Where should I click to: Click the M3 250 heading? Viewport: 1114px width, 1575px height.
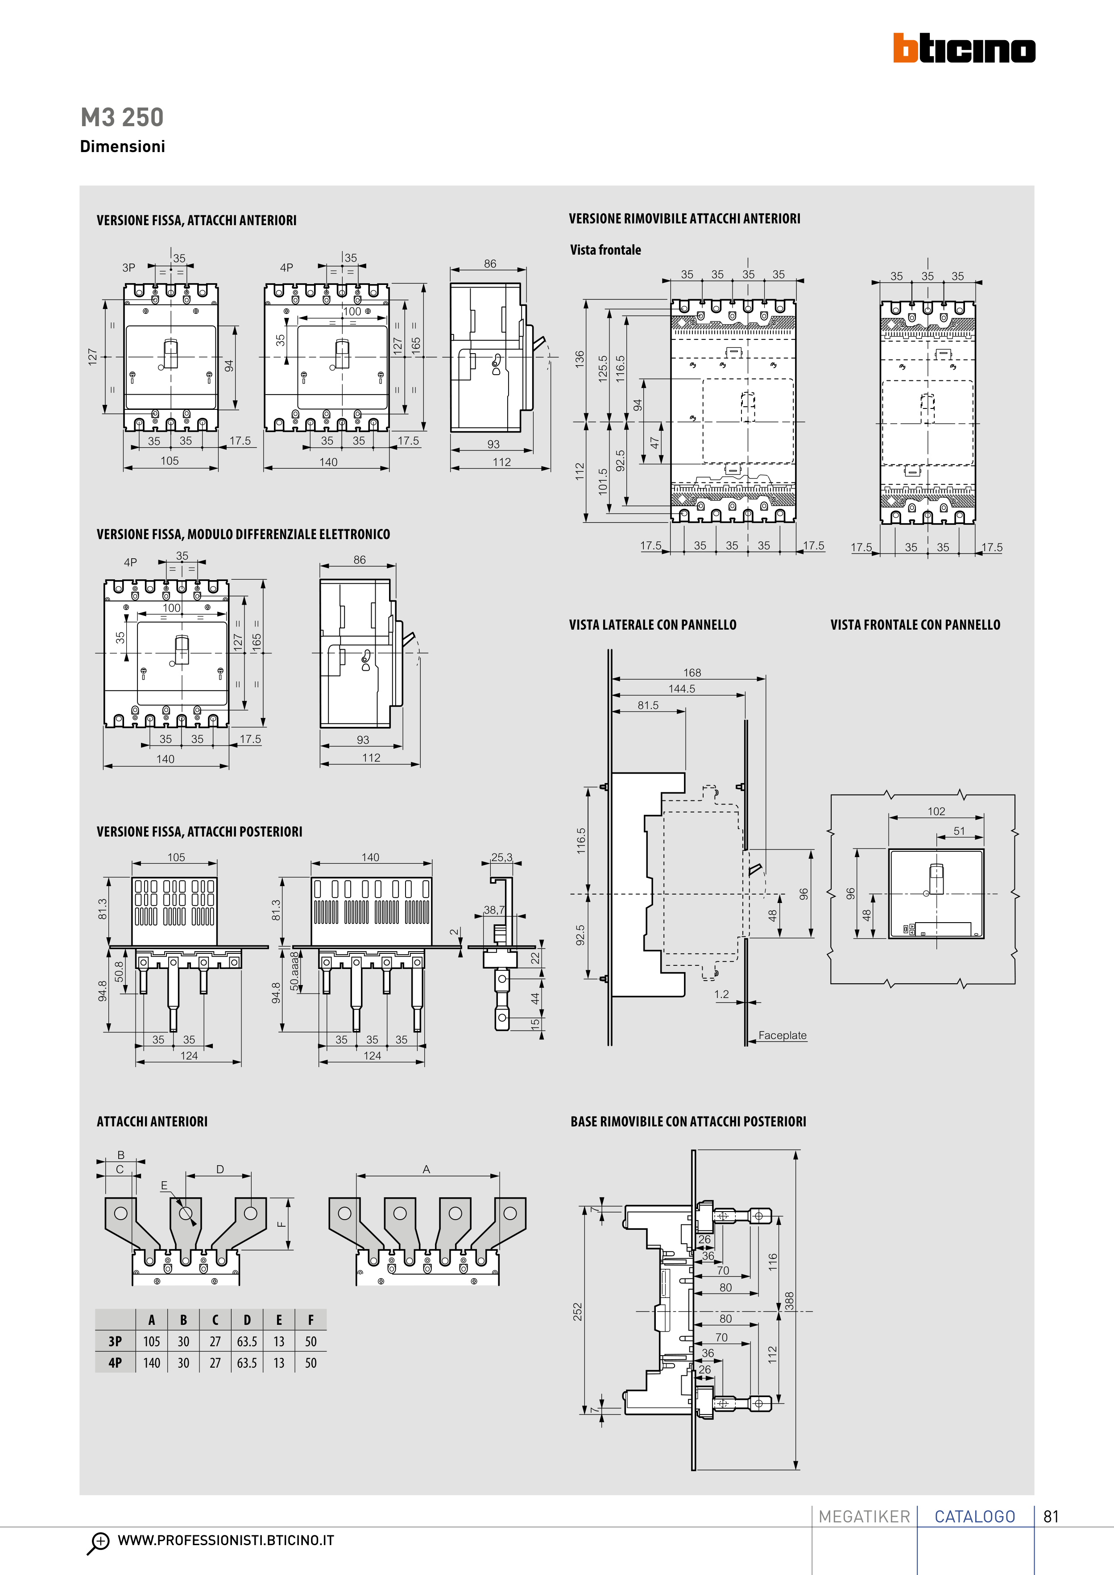pyautogui.click(x=122, y=117)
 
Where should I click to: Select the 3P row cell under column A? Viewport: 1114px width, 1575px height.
pyautogui.click(x=152, y=1341)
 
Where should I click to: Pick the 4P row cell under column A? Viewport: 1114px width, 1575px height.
pyautogui.click(x=152, y=1363)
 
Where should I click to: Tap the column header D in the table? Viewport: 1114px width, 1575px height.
pyautogui.click(x=247, y=1320)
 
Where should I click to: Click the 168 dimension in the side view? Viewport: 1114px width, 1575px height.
pyautogui.click(x=692, y=673)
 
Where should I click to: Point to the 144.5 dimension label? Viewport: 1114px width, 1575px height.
pyautogui.click(x=682, y=689)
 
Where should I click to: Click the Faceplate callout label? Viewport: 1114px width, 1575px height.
pyautogui.click(x=783, y=1035)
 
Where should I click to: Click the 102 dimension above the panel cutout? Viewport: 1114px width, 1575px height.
pyautogui.click(x=936, y=812)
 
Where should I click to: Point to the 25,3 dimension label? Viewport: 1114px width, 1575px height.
pyautogui.click(x=502, y=858)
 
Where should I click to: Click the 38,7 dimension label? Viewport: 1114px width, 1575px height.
pyautogui.click(x=494, y=910)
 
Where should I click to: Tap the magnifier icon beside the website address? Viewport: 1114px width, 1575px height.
pyautogui.click(x=99, y=1542)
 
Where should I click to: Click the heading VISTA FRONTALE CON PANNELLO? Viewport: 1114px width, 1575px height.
pyautogui.click(x=915, y=625)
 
